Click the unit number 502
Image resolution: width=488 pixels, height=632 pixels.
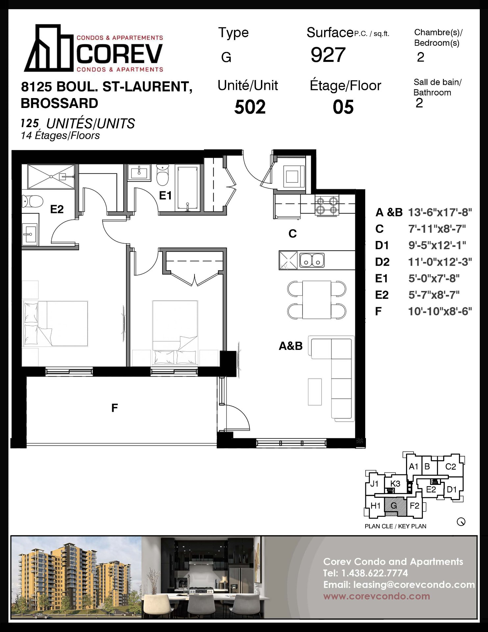[250, 107]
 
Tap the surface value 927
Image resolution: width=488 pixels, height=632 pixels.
[328, 55]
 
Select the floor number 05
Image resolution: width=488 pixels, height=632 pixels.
[343, 107]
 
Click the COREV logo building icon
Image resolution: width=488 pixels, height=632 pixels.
[49, 48]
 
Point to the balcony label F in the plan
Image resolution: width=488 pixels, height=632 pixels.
[115, 408]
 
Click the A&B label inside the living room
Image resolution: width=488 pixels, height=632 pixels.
[291, 346]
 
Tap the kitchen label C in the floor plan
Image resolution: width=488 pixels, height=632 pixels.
[293, 233]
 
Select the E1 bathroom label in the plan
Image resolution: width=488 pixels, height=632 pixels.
[165, 196]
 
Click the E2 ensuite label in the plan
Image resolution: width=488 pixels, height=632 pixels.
[57, 209]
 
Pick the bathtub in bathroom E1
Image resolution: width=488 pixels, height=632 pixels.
[188, 188]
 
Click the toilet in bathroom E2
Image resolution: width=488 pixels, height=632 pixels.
[33, 201]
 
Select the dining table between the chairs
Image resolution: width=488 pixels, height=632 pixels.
[317, 300]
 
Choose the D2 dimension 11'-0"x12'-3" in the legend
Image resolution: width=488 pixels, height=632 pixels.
[440, 262]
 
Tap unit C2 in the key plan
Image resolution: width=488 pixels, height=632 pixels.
[450, 466]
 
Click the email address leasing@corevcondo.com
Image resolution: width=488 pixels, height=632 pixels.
[414, 585]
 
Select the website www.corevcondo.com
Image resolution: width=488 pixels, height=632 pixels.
[376, 596]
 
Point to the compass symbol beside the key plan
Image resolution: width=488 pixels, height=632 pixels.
[461, 522]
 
